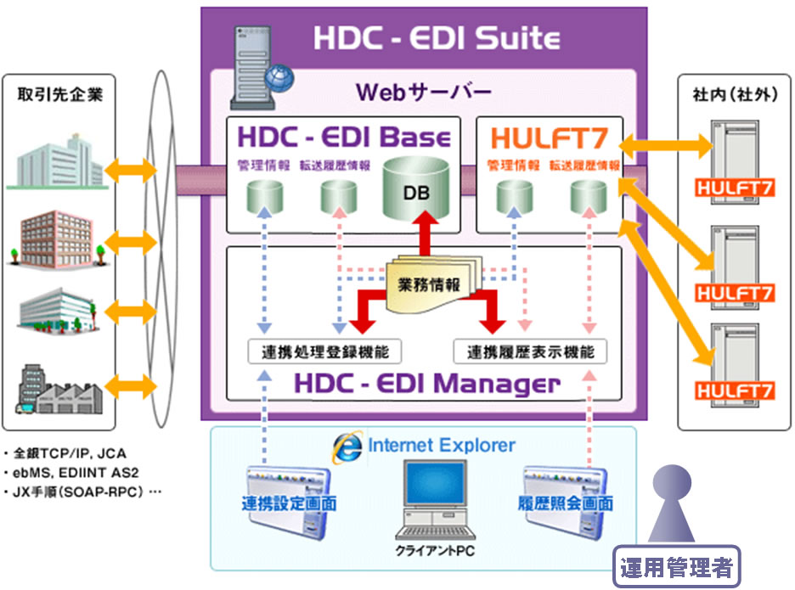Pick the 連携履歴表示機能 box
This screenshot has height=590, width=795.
point(530,351)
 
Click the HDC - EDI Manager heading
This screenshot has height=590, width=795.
point(427,384)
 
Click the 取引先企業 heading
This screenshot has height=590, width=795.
point(59,94)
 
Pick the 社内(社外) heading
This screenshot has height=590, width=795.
point(735,94)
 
